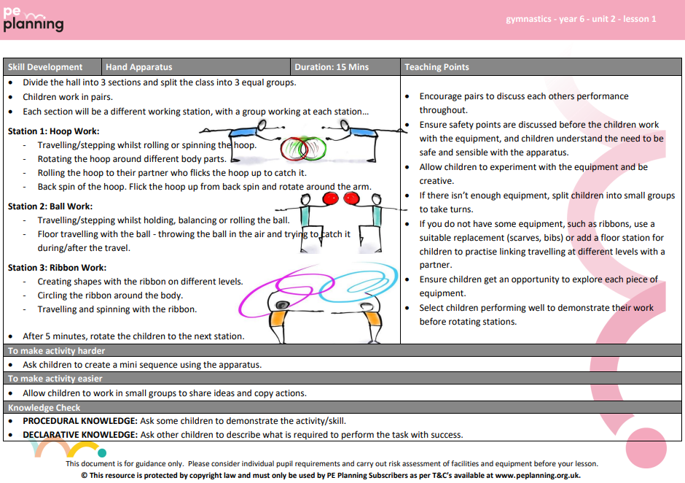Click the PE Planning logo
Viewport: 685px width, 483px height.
(x=33, y=20)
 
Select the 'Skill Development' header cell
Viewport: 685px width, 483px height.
(x=44, y=67)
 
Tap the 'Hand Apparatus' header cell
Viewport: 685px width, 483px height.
(x=138, y=67)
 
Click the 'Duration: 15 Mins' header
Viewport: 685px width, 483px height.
(x=332, y=67)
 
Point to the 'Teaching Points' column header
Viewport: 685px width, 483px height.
(x=437, y=67)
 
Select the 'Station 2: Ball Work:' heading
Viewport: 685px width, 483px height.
(x=50, y=206)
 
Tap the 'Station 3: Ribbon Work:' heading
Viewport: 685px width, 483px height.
(x=57, y=268)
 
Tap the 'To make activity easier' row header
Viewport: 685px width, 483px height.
(x=55, y=379)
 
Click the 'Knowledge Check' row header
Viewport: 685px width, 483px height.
(x=44, y=407)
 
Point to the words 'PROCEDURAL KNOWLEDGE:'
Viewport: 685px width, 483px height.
(x=79, y=421)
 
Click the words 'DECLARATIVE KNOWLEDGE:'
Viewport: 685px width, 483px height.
(x=79, y=435)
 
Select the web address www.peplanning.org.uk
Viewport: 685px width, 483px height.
(x=539, y=475)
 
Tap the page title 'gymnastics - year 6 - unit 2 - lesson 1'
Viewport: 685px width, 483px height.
(x=581, y=19)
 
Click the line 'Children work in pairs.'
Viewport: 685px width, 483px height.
(x=68, y=97)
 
